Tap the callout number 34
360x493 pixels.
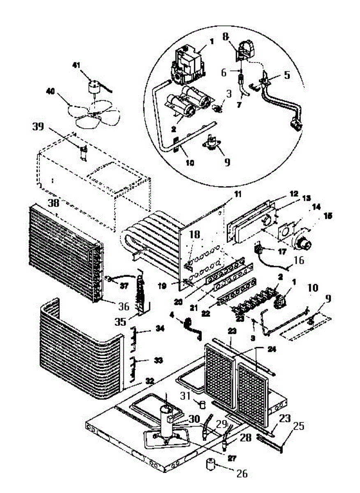coord(159,328)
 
